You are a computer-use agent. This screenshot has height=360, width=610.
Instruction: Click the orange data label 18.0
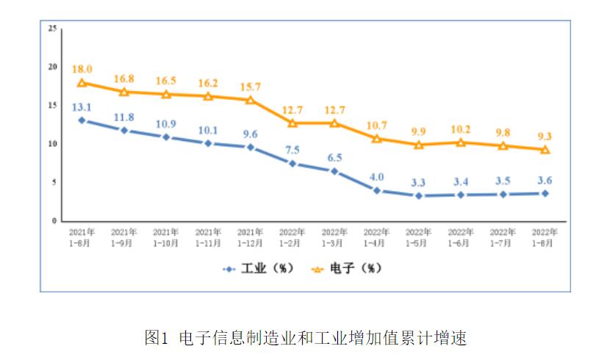pos(82,68)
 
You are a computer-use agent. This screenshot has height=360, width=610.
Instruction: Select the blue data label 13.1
pos(82,107)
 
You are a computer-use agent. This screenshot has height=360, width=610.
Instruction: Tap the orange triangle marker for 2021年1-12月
pos(251,100)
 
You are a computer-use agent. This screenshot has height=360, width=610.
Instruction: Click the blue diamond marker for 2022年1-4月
pos(377,190)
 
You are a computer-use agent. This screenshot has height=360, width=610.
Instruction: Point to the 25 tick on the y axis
pos(52,29)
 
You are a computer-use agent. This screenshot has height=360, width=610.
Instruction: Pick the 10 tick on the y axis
pos(52,144)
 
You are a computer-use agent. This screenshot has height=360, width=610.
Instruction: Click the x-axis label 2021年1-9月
pos(123,237)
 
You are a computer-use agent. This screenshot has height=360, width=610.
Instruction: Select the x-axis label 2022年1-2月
pos(293,237)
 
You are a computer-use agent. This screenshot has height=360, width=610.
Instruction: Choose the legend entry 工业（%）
pos(258,269)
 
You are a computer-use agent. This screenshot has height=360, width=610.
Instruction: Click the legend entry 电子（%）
pos(347,269)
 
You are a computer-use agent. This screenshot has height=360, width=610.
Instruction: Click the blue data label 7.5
pos(293,149)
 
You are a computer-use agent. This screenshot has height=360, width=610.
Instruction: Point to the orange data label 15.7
pos(251,86)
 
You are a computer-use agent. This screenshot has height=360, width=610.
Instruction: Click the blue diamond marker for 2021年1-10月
pos(166,137)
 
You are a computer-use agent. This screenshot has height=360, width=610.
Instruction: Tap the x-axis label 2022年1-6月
pos(461,237)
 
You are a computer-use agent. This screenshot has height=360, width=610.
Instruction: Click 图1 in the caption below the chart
pos(157,339)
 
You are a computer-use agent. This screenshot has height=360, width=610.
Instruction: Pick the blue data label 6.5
pos(334,157)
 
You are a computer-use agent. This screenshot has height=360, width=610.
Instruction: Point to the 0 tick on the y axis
pos(54,220)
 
